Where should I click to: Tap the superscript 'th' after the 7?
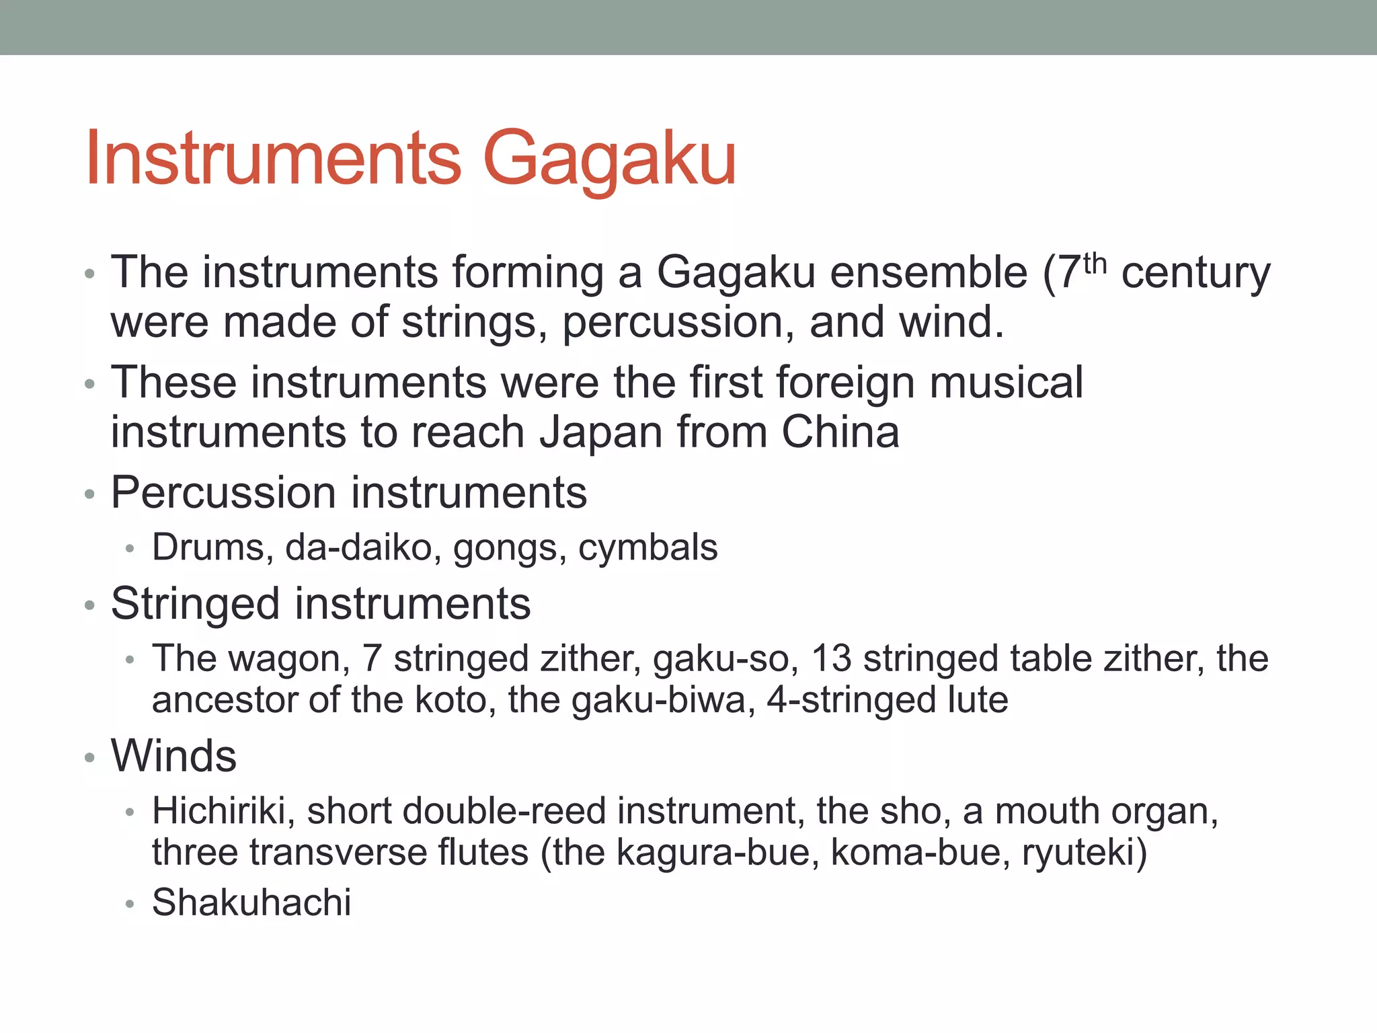[1095, 263]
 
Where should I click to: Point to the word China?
[840, 432]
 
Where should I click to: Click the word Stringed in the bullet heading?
[196, 603]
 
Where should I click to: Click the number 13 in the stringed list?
[831, 658]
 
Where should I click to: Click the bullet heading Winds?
[173, 756]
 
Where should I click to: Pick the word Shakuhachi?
[251, 903]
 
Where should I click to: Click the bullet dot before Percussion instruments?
[90, 495]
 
